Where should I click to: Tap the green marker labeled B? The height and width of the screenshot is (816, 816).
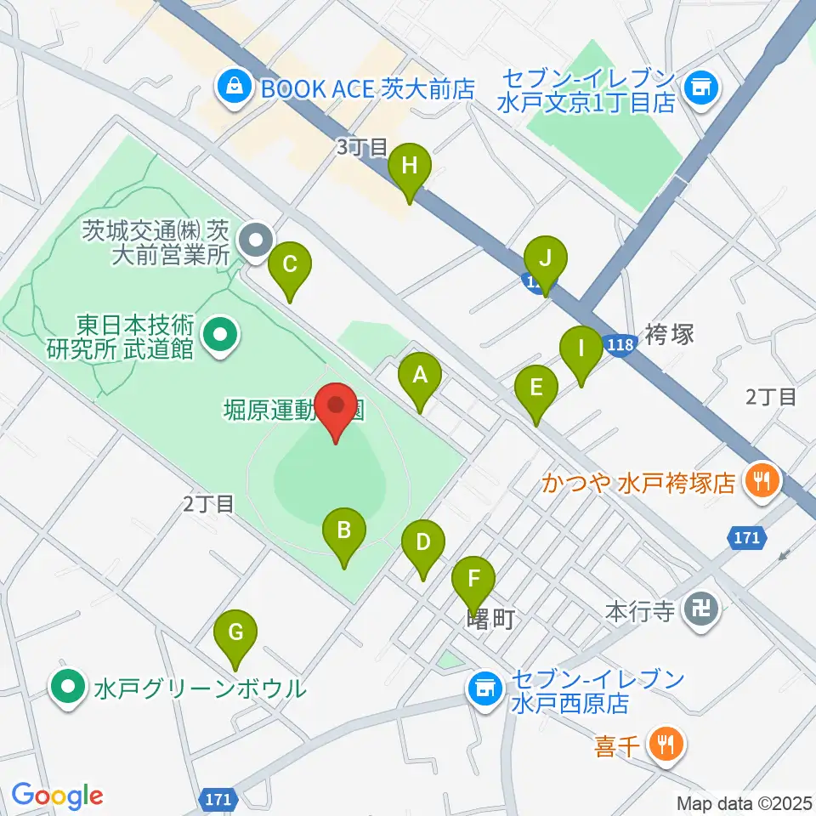click(x=344, y=534)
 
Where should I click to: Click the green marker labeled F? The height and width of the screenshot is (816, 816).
click(x=473, y=582)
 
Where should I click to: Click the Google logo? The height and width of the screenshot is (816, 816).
click(x=57, y=795)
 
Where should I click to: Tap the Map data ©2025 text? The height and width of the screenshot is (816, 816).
click(x=745, y=802)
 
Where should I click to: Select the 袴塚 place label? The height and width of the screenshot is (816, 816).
click(x=670, y=333)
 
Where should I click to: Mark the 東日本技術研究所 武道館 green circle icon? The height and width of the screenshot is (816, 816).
click(x=220, y=336)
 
